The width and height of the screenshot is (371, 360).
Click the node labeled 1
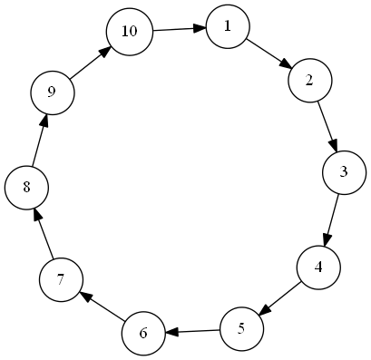[228, 26]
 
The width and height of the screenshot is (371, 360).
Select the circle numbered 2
[310, 81]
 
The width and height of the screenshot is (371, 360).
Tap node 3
[344, 172]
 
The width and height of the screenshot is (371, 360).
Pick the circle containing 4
[318, 268]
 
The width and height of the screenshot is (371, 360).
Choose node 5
[241, 329]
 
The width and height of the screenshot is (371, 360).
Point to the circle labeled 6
[143, 334]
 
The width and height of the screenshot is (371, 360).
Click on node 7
[61, 280]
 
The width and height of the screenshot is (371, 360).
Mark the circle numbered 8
[26, 188]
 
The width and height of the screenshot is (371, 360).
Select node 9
[52, 92]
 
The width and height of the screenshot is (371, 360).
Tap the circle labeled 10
[130, 32]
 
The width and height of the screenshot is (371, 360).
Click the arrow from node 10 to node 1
[180, 29]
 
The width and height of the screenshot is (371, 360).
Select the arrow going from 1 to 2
[269, 54]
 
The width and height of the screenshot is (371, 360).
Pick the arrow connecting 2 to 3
[327, 126]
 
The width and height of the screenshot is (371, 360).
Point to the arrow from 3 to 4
[331, 220]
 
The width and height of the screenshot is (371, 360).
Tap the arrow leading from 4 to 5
[280, 298]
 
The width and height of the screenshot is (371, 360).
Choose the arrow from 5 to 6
[192, 331]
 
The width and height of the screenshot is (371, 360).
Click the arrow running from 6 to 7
[102, 306]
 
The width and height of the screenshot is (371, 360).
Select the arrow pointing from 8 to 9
[40, 141]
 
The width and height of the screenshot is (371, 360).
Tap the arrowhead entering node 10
[104, 52]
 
